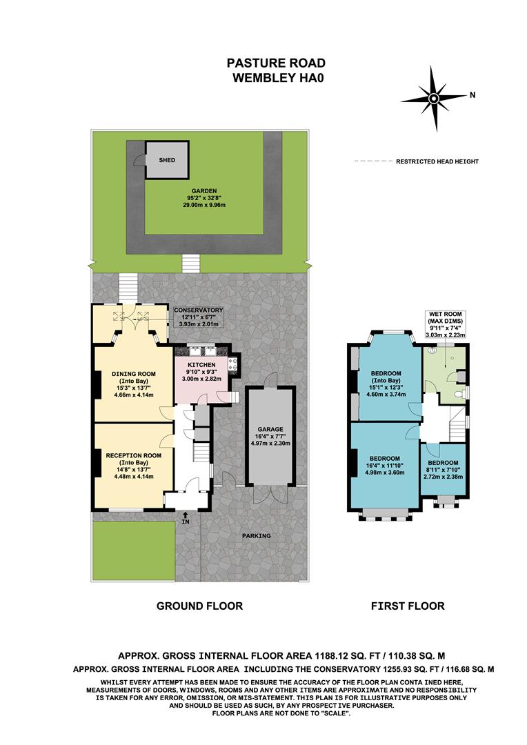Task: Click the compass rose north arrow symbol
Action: [x=435, y=98]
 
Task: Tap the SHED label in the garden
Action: [x=167, y=160]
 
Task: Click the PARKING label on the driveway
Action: [x=256, y=536]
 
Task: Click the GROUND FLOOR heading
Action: [x=199, y=606]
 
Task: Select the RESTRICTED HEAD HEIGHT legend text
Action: [x=437, y=161]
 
